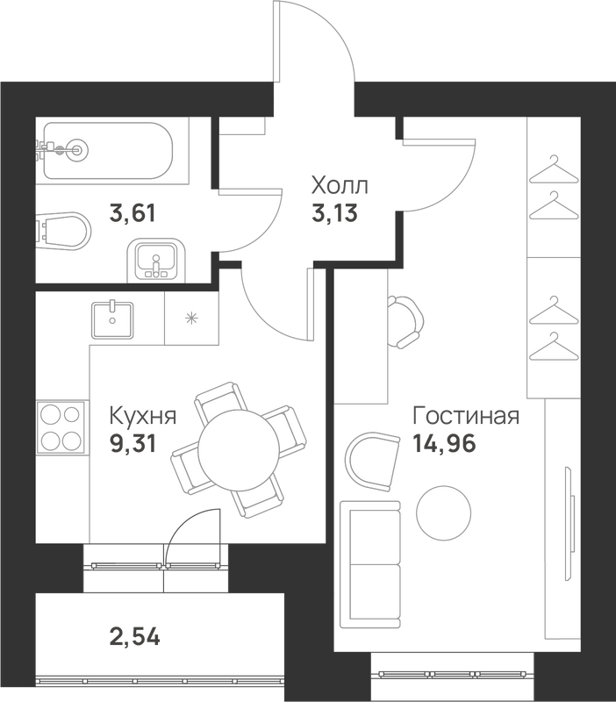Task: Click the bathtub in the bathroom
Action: coord(108,150)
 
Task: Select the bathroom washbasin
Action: coord(155,261)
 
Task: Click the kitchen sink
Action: coord(112,319)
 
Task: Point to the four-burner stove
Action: coord(61,428)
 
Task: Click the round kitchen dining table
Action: coord(239,450)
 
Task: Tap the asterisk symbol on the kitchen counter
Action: coord(191,318)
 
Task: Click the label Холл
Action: coord(340,185)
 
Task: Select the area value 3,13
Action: coord(335,212)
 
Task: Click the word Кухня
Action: coord(143,416)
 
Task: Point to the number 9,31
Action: coord(133,444)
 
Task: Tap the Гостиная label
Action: coord(466,416)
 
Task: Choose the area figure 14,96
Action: coord(444,444)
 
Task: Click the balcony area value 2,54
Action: coord(134,636)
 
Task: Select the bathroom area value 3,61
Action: coord(133,213)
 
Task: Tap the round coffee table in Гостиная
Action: coord(444,512)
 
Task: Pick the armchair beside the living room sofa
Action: coord(372,461)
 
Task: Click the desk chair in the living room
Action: coord(405,321)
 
